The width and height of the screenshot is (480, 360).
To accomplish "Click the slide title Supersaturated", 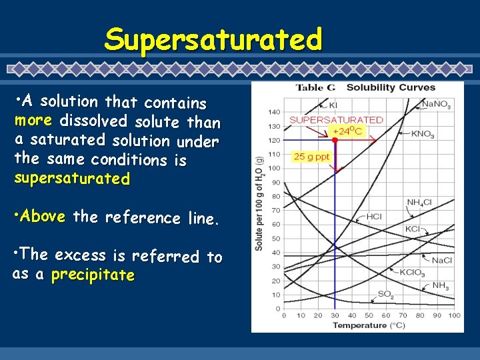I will coord(213,40).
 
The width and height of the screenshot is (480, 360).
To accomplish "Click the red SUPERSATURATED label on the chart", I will coord(336,120).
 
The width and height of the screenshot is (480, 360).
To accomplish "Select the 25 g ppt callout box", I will coord(311,156).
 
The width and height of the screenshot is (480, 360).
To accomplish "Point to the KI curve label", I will coord(333,105).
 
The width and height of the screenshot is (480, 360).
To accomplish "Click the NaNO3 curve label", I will coord(436,105).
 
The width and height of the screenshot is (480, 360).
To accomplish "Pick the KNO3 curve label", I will coord(423,134).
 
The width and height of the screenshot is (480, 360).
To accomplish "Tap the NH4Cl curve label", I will coord(421,203).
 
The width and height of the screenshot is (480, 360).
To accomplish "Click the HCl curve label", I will coord(374,216).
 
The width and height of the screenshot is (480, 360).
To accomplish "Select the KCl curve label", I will coord(413,229).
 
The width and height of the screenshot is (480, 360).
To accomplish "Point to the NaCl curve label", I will coord(442,260).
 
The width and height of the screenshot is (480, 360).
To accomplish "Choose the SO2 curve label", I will coord(385,293).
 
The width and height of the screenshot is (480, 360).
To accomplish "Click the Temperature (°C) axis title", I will coord(369,325).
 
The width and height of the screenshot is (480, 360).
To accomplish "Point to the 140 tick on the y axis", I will coord(274,111).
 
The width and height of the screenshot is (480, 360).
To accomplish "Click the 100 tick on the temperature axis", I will coord(454,315).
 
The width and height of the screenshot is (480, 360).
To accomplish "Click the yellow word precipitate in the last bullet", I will coord(93,275).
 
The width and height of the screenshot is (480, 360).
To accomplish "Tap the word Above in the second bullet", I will coord(43,217).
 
